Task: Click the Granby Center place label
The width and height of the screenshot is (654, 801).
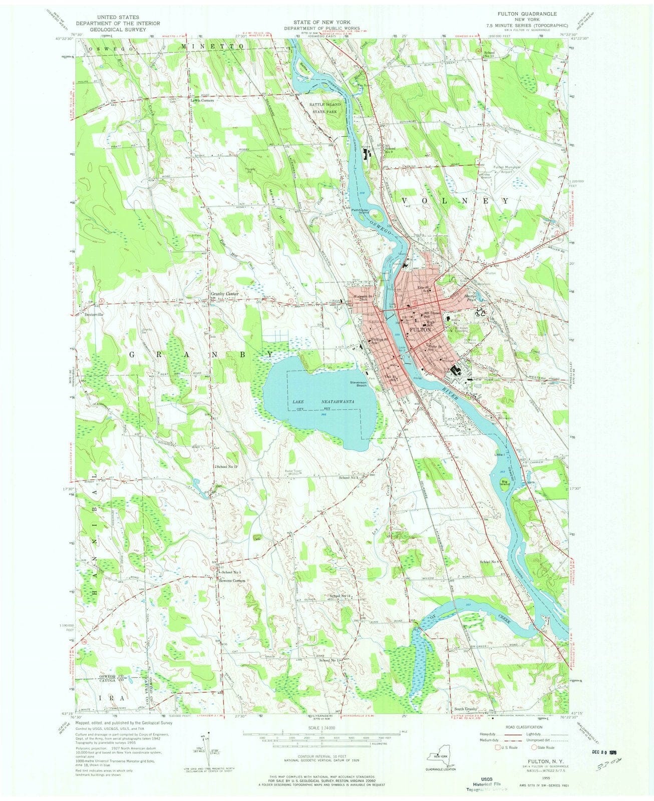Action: click(225, 293)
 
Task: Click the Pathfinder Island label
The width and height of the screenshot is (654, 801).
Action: click(360, 211)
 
